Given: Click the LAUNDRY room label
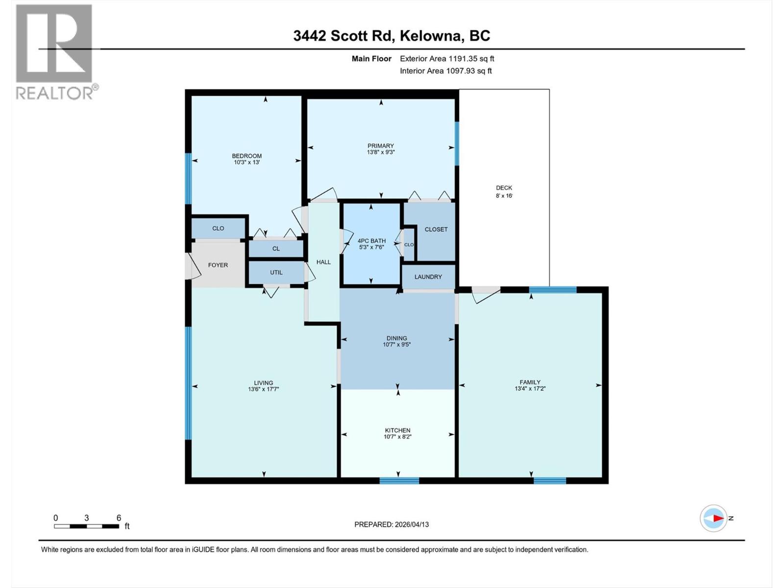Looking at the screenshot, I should (x=428, y=277).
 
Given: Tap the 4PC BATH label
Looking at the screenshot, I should (x=371, y=241).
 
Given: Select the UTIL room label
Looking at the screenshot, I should (x=276, y=272).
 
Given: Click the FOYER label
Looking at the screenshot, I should (x=218, y=265).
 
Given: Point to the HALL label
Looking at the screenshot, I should (x=323, y=262).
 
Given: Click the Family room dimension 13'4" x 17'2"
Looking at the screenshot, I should (x=530, y=389).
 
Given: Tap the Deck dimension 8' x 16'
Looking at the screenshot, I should (x=504, y=196).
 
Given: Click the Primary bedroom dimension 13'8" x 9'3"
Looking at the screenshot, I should (x=380, y=152).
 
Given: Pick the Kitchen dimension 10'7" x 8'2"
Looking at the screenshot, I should (x=397, y=437).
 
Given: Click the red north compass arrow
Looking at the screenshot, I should (x=718, y=518).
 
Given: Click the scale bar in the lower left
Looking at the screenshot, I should (x=86, y=526).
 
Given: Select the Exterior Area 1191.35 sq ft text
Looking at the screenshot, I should (x=446, y=59).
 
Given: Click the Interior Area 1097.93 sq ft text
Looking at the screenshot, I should (x=445, y=71).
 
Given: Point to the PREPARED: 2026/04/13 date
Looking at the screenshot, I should (x=391, y=524).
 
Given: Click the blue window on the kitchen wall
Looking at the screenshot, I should (x=399, y=481).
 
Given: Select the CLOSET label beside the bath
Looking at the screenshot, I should (x=436, y=229).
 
